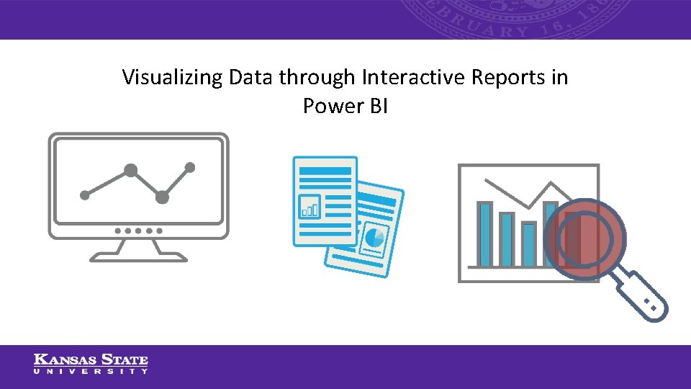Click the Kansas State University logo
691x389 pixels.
tap(91, 364)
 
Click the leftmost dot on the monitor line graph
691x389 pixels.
tap(85, 194)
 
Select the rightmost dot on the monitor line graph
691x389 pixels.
tap(190, 167)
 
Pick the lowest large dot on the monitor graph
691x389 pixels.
tap(162, 197)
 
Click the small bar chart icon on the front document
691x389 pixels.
tap(310, 207)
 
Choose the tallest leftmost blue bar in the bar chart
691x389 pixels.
tap(485, 234)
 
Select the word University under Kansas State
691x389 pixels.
tap(91, 371)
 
